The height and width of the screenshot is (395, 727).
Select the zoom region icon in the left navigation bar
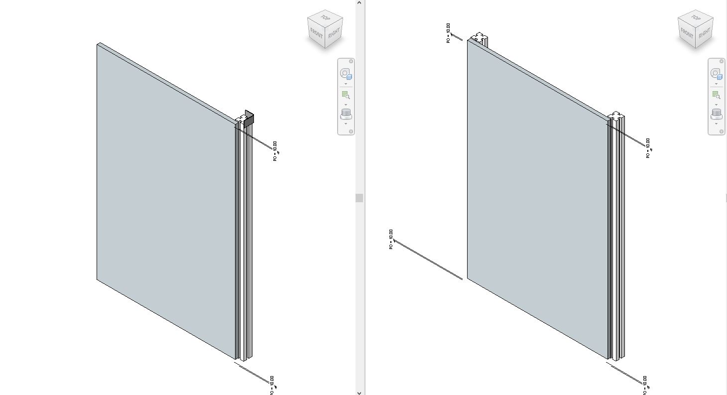(346, 95)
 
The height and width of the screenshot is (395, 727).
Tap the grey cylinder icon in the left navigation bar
(346, 114)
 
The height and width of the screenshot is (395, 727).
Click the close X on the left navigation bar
(351, 61)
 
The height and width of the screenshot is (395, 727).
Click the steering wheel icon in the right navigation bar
(716, 74)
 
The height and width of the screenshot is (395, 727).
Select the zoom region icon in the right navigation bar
(716, 95)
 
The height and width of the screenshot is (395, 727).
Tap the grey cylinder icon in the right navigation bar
(716, 114)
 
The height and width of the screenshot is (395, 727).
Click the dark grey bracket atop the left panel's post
(249, 118)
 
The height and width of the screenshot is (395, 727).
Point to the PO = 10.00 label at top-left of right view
(448, 33)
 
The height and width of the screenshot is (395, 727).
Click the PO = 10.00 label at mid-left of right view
(391, 239)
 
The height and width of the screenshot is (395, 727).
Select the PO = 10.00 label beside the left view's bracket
(275, 151)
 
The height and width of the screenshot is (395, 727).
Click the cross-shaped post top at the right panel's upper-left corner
(479, 37)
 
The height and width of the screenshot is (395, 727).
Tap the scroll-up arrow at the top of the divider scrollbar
(359, 3)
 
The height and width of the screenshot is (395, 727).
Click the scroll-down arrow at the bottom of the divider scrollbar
(359, 392)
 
